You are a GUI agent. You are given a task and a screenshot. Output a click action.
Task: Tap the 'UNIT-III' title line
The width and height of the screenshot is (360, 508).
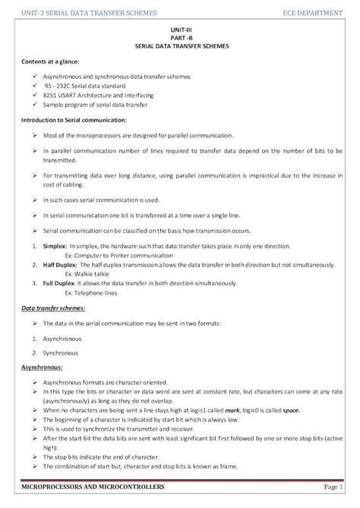(x=179, y=28)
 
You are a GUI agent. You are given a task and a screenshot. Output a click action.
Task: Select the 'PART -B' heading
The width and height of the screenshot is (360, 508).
(x=179, y=36)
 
